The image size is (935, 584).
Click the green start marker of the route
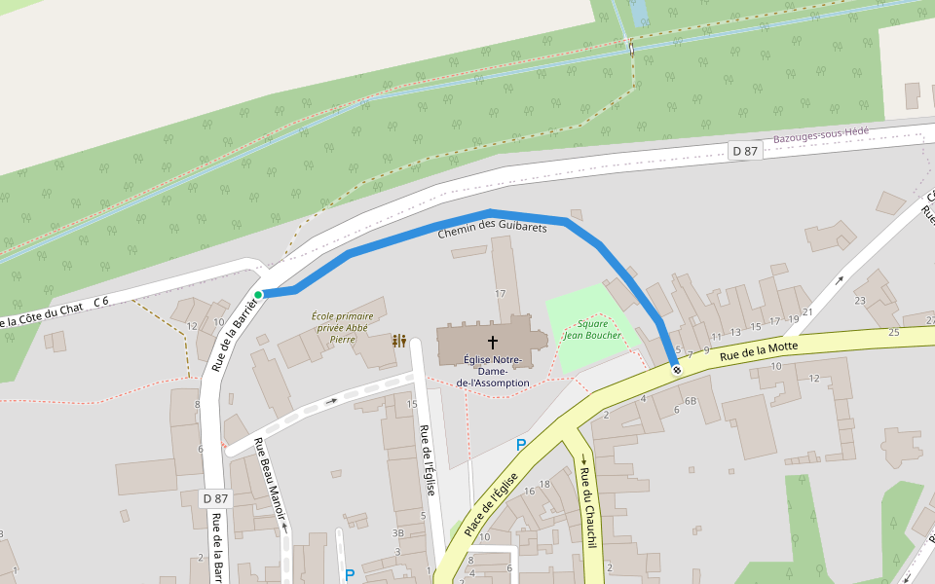(x=258, y=294)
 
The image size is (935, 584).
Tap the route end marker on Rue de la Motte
(x=676, y=370)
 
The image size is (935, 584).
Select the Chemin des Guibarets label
(x=492, y=229)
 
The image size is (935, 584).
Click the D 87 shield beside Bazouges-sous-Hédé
(x=744, y=151)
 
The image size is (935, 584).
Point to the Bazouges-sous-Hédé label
(x=820, y=135)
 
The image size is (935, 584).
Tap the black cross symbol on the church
(x=493, y=343)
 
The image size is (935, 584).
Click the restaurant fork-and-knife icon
(x=399, y=341)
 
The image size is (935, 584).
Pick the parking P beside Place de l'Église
(x=521, y=445)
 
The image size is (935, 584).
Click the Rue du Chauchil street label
(x=589, y=508)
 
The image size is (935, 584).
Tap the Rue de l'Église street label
(x=427, y=460)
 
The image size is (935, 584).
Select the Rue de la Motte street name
(x=759, y=351)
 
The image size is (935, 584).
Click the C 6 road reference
(x=100, y=302)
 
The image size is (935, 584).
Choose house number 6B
(x=690, y=401)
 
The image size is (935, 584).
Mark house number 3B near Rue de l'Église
(x=397, y=533)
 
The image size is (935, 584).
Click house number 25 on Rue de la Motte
(x=894, y=333)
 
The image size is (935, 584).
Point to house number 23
(x=860, y=301)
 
